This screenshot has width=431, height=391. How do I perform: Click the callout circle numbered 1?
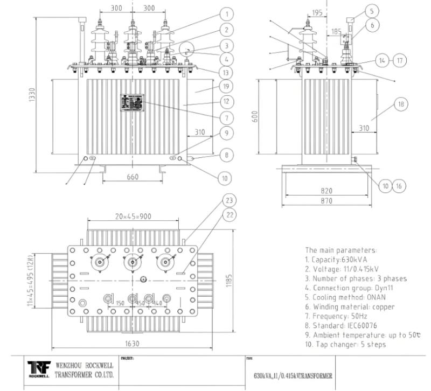228,13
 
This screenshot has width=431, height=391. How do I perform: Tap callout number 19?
228,87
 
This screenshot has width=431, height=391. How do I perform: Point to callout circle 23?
230,200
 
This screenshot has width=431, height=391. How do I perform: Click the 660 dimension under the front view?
132,177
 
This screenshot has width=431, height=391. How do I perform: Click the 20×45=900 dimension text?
133,217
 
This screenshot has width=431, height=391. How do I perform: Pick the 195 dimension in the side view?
317,12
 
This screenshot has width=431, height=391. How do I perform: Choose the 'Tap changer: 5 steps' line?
345,345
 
